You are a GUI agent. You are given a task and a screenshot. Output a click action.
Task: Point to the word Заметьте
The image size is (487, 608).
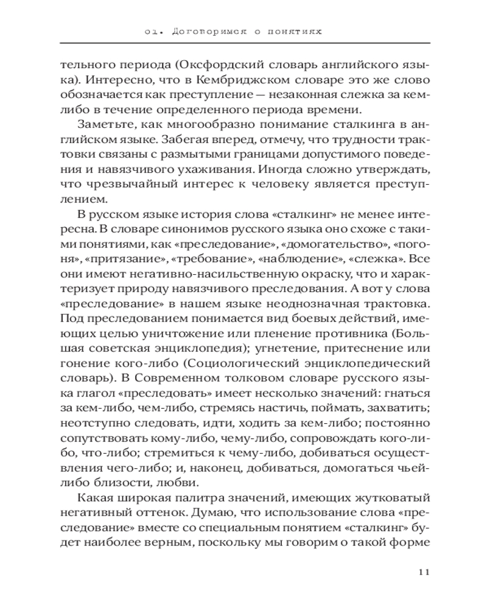click(x=103, y=125)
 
